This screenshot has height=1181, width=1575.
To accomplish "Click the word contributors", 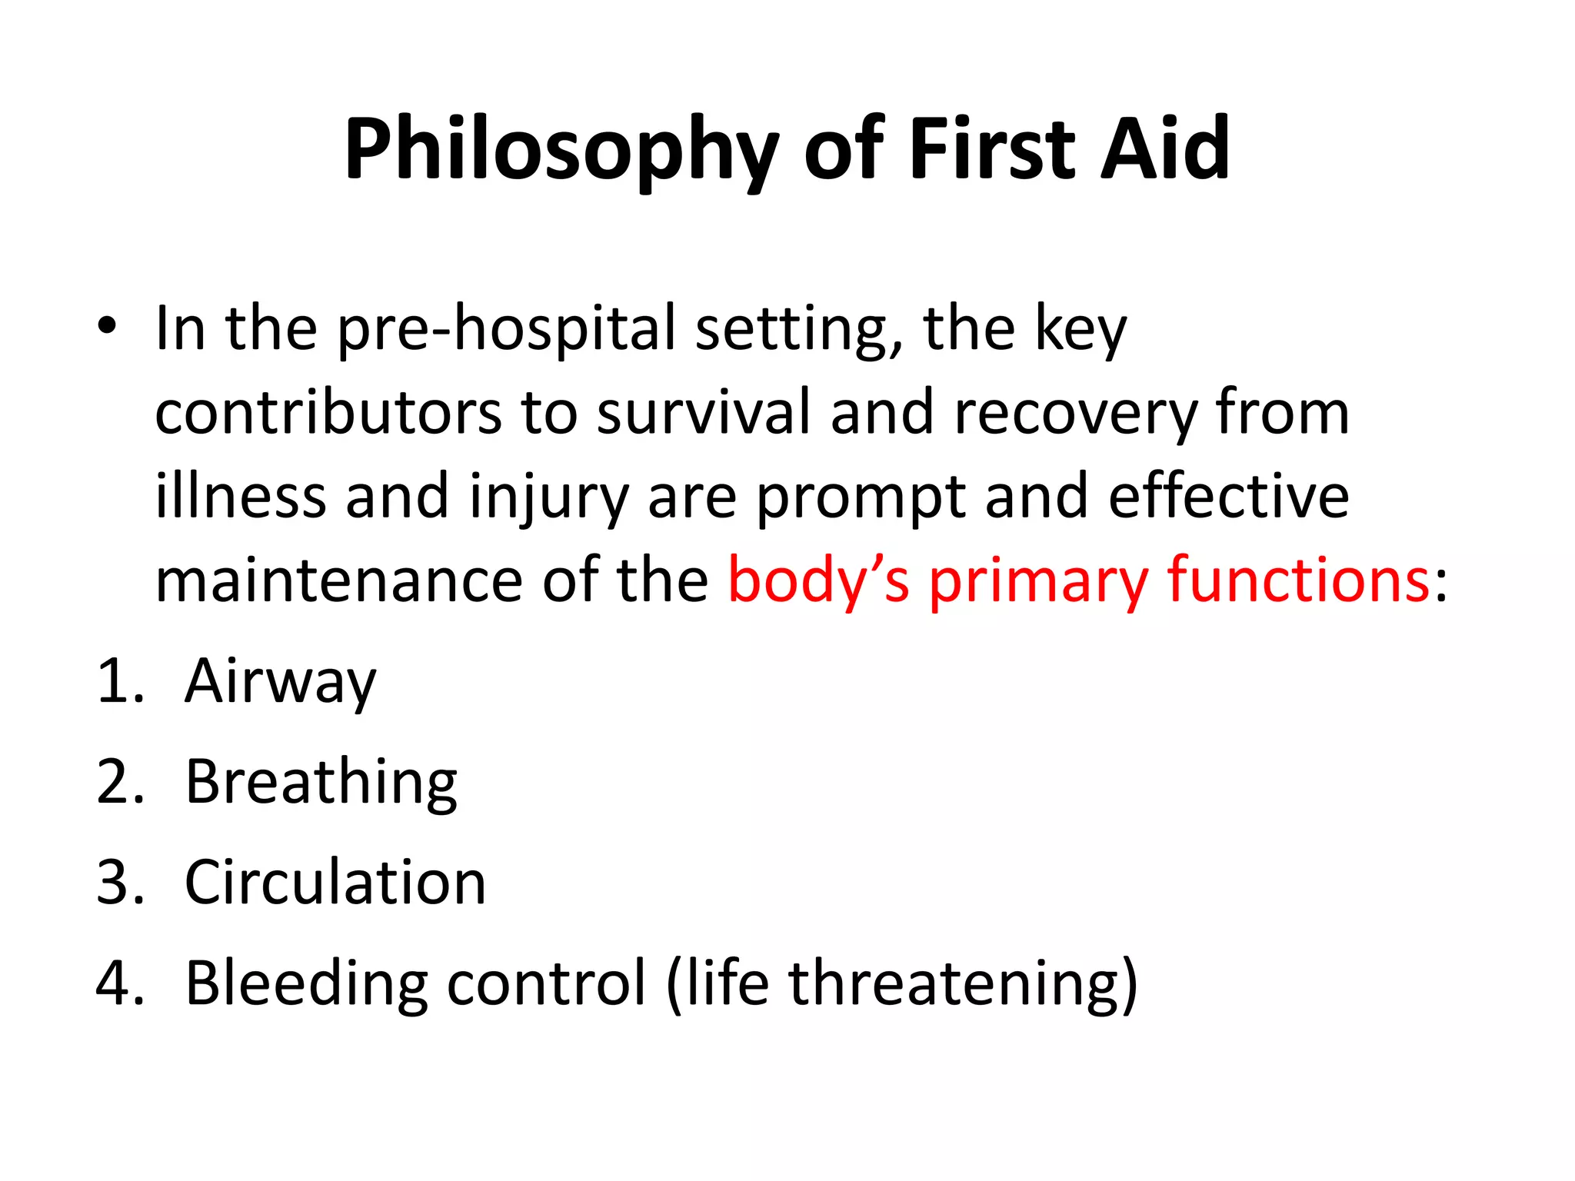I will pyautogui.click(x=328, y=413).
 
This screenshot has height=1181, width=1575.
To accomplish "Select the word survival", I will pyautogui.click(x=704, y=413).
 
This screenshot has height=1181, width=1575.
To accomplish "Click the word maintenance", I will pyautogui.click(x=339, y=581).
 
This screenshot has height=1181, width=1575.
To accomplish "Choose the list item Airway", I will pyautogui.click(x=281, y=683).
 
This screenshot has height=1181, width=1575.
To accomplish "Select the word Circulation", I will pyautogui.click(x=335, y=883).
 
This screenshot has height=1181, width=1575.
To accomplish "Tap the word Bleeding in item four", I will pyautogui.click(x=306, y=984).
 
